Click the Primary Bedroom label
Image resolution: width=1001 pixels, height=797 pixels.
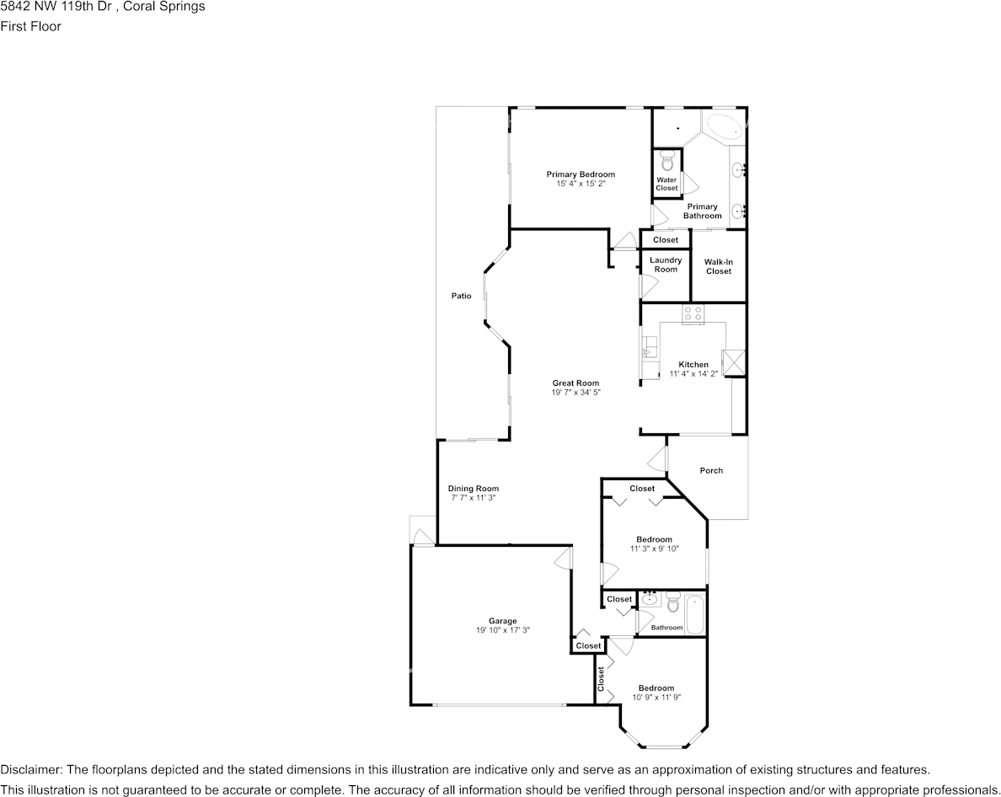[x=581, y=174]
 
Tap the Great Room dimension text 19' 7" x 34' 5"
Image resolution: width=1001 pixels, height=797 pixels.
[x=575, y=393]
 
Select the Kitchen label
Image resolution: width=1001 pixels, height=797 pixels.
[x=693, y=364]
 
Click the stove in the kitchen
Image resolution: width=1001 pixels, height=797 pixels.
[x=693, y=313]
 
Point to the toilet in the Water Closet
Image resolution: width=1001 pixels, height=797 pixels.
[x=667, y=162]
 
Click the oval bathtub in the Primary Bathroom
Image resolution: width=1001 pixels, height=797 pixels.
[x=724, y=127]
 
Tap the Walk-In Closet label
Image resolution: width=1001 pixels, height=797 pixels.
[x=718, y=267]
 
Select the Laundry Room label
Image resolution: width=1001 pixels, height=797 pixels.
[x=666, y=265]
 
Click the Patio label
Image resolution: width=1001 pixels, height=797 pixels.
[x=462, y=296]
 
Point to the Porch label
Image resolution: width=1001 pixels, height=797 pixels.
[x=711, y=470]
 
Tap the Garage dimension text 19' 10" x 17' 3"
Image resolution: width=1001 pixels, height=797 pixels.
[x=503, y=630]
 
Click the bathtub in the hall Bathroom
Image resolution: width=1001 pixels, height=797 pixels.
[x=694, y=614]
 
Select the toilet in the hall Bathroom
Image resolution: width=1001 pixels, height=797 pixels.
[x=672, y=601]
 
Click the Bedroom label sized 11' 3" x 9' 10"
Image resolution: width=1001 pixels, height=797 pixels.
[x=655, y=539]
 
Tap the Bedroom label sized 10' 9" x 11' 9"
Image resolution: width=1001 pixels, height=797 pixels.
[x=656, y=687]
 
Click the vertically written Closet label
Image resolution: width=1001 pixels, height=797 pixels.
[x=601, y=679]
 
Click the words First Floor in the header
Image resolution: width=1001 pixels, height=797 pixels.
[x=30, y=26]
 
